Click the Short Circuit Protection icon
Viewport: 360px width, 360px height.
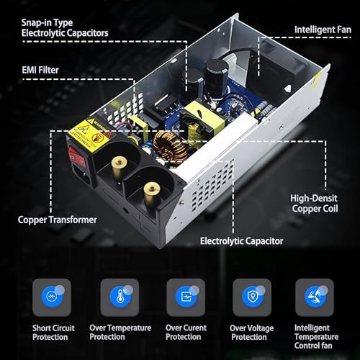(x=52, y=297)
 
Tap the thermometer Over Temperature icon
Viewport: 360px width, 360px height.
(x=120, y=297)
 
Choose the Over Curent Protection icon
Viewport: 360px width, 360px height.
(x=186, y=297)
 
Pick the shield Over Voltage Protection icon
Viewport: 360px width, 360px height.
(x=252, y=297)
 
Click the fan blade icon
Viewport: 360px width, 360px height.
(x=315, y=297)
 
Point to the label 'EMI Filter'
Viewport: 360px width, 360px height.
(x=40, y=70)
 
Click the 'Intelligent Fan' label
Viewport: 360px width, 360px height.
(x=323, y=30)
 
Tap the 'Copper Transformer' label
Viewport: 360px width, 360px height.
(x=58, y=220)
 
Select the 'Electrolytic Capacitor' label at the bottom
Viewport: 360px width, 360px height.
(x=242, y=241)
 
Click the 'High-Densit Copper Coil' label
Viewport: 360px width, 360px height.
(x=315, y=203)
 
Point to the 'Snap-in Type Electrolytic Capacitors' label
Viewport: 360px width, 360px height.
(x=65, y=28)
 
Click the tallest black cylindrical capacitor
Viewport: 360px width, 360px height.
(x=216, y=78)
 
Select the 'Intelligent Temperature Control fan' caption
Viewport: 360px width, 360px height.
(x=316, y=337)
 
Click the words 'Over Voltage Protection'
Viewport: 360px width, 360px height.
(x=251, y=333)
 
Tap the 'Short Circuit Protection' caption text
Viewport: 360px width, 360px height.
(x=53, y=333)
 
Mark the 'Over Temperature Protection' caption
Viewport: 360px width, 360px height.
(x=120, y=333)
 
